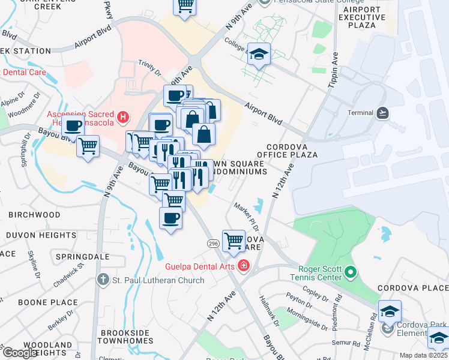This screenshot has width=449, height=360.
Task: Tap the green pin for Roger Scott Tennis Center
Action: (x=351, y=274)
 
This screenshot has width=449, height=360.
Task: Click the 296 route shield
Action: (x=213, y=243)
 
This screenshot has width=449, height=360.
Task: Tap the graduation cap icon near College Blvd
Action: (x=259, y=55)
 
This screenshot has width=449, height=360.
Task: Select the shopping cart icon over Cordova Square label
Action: (x=234, y=241)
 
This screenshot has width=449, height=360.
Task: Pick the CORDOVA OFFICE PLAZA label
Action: (x=291, y=151)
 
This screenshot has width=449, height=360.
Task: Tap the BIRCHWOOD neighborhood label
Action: (x=34, y=215)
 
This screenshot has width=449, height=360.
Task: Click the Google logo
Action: (x=20, y=352)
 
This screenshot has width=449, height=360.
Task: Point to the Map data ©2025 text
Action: (x=424, y=355)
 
